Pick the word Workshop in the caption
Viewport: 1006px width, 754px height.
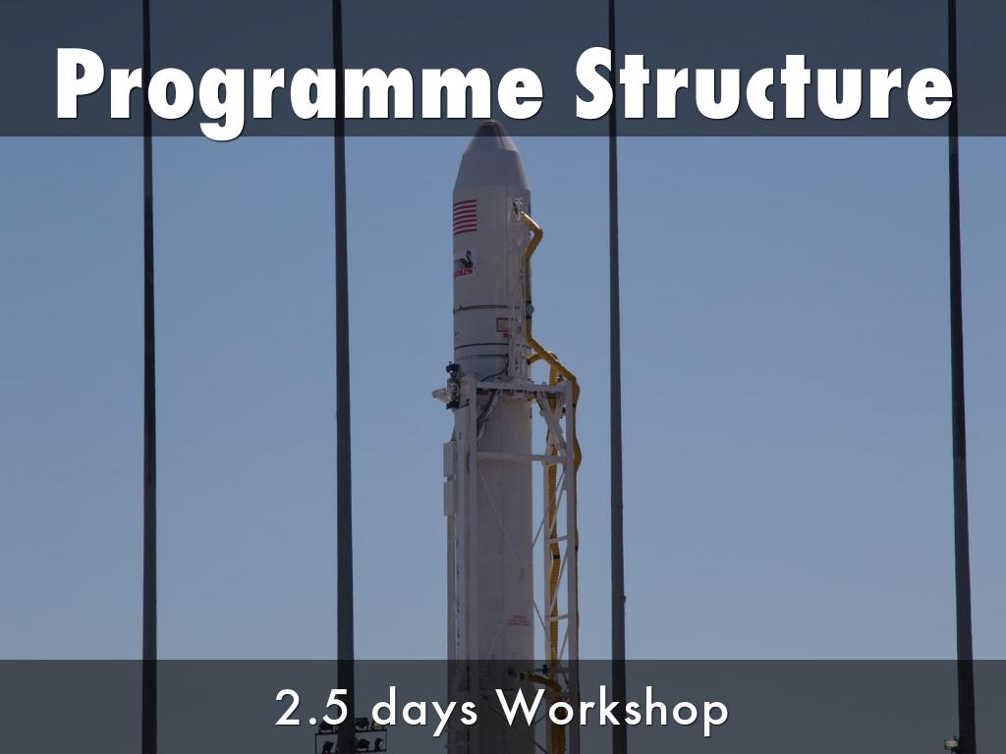[x=610, y=709]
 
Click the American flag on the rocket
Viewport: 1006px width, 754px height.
[x=465, y=216]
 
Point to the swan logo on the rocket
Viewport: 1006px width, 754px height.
[x=463, y=262]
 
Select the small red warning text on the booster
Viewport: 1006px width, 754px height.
[x=518, y=619]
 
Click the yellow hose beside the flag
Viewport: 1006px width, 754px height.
[x=533, y=236]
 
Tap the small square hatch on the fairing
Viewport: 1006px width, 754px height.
[x=502, y=324]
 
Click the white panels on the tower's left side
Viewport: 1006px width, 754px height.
[x=450, y=471]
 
